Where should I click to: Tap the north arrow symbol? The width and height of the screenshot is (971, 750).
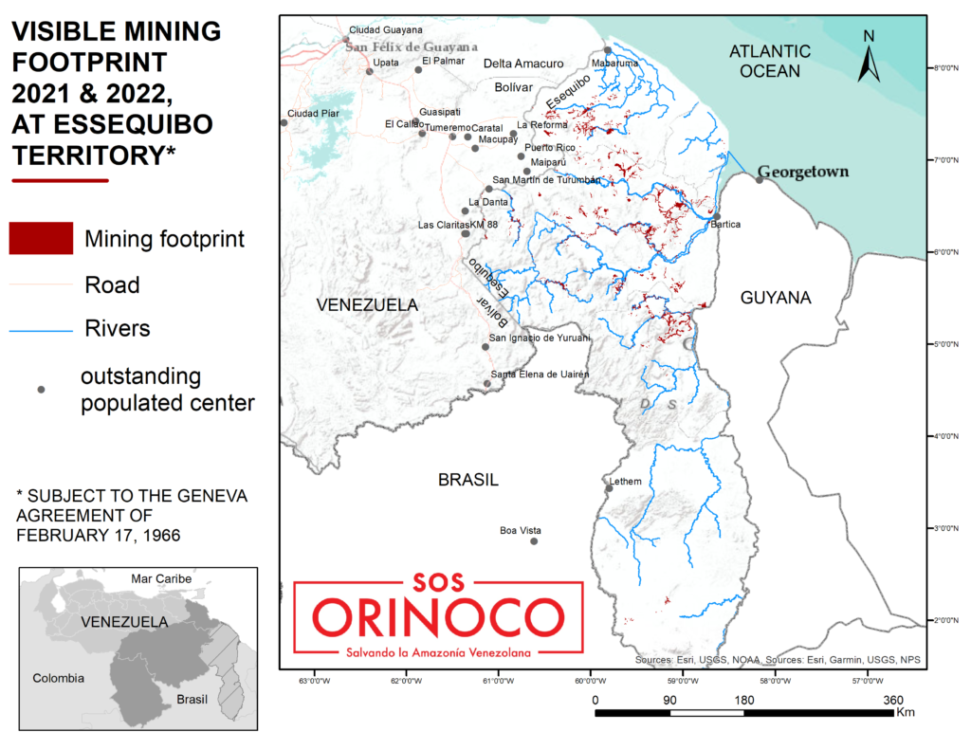(868, 56)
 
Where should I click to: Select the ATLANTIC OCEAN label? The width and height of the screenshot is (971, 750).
(770, 61)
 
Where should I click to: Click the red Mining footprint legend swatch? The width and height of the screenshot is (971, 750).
(41, 238)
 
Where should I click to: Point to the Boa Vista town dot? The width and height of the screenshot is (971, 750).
(534, 541)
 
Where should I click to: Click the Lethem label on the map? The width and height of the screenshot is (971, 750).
(625, 481)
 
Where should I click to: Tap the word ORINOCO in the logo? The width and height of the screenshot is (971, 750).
(436, 618)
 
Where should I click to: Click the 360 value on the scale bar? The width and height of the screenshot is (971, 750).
(892, 700)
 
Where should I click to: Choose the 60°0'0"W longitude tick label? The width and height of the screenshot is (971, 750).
(590, 680)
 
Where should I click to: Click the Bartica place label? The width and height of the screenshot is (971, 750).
(725, 225)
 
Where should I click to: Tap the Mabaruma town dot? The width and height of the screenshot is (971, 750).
(608, 51)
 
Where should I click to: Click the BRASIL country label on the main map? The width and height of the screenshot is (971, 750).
(468, 480)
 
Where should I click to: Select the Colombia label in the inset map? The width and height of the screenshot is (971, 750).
(58, 678)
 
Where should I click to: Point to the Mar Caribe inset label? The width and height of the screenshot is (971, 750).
(161, 578)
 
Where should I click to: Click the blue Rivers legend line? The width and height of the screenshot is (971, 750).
(41, 330)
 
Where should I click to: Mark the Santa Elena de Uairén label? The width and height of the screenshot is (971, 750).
(540, 375)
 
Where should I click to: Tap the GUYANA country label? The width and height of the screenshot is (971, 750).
(776, 298)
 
